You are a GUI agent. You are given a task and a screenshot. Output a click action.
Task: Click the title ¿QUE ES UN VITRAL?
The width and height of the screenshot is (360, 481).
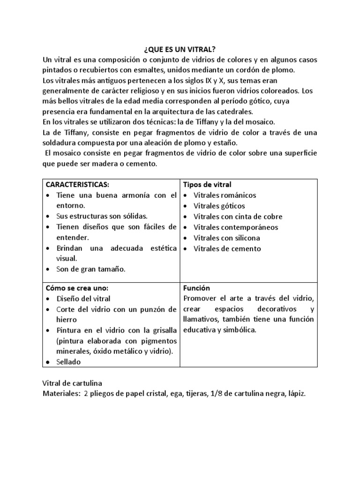pos(179,49)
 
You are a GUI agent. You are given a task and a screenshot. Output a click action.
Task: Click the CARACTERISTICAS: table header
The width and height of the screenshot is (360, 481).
pos(78,184)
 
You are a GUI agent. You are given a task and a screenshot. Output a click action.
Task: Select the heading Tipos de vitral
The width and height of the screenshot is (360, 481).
pos(207,184)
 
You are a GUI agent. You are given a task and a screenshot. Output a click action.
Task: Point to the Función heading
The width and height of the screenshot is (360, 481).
pos(197,287)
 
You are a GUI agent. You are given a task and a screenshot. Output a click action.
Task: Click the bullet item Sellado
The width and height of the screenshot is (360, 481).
pos(69,362)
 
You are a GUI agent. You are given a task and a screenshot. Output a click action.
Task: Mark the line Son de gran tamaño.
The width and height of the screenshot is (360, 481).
pos(91,269)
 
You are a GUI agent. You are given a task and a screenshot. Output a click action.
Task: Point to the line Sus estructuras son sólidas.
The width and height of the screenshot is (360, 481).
pos(102,217)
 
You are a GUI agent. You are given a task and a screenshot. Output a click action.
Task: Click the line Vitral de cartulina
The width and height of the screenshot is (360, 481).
pos(74,384)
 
